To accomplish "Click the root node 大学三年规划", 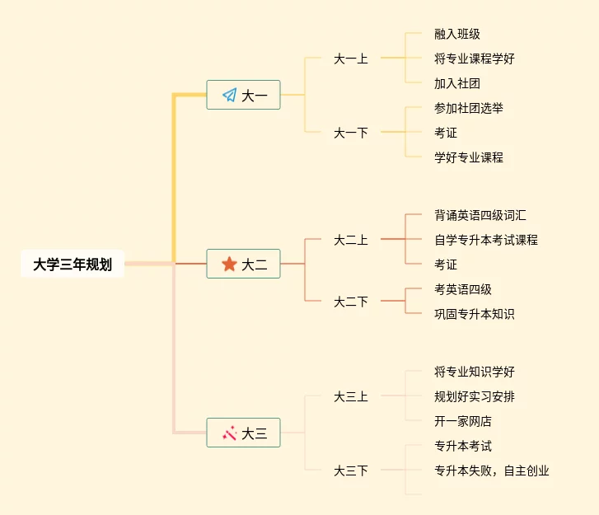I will point(73,265).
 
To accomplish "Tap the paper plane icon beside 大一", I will point(229,96).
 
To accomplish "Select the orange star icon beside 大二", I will point(229,265).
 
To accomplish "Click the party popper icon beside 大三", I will point(229,433).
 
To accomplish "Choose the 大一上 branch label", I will point(350,59).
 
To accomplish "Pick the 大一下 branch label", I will point(350,133).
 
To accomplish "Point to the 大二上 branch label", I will point(350,240).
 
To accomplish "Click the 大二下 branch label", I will point(350,302).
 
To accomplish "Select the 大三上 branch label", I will point(350,396).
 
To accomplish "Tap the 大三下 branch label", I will point(350,471).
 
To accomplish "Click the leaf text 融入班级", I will point(456,34).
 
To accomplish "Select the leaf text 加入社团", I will point(456,83).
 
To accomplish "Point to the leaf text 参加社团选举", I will point(468,108).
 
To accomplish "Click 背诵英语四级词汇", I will point(480,215).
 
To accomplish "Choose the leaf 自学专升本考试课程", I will point(485,240).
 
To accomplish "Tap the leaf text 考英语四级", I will point(462,289).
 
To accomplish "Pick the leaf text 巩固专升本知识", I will point(474,314).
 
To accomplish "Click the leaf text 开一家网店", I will point(462,421).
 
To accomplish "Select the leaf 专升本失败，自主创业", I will point(491,471).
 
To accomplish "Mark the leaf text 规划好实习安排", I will point(474,396).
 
